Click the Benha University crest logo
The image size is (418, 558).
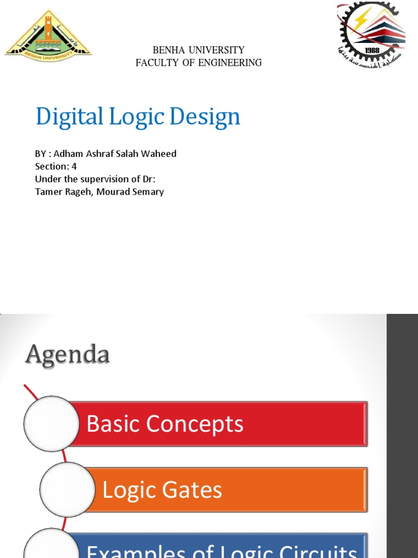[48, 34]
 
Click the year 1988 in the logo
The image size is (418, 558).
[372, 50]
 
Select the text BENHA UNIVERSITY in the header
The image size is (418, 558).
[199, 50]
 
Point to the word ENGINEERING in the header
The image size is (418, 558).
[230, 63]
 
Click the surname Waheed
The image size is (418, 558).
[160, 154]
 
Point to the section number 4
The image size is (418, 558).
[74, 166]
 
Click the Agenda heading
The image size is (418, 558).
[67, 355]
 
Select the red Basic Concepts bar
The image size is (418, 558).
[218, 424]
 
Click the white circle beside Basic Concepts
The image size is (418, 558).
[52, 423]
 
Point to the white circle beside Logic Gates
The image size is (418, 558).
[67, 489]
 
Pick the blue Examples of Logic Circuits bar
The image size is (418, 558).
[218, 547]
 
